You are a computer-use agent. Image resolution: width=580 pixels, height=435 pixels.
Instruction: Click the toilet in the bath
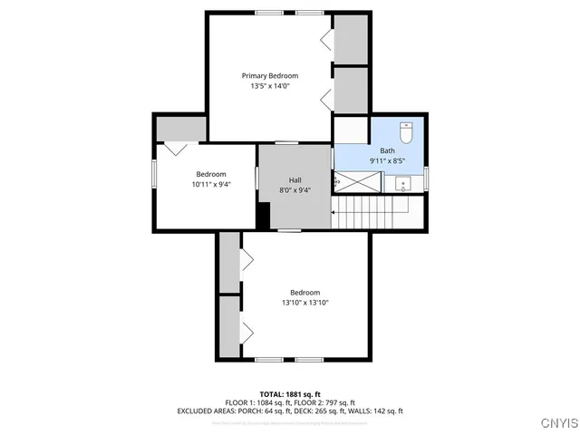pyautogui.click(x=407, y=132)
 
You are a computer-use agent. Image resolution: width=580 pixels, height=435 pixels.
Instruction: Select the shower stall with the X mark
pyautogui.click(x=357, y=181)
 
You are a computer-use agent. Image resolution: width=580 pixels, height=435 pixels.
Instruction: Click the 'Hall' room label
pyautogui.click(x=295, y=179)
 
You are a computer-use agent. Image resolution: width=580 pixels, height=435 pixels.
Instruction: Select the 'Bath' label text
pyautogui.click(x=387, y=150)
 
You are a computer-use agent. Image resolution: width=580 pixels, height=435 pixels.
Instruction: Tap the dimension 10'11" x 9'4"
pyautogui.click(x=211, y=185)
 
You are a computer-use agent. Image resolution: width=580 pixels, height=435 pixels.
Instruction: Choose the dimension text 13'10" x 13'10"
pyautogui.click(x=304, y=303)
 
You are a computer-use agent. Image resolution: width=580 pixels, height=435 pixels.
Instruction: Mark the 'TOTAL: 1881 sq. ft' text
pyautogui.click(x=290, y=393)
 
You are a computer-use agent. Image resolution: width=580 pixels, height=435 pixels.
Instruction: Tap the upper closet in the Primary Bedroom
pyautogui.click(x=351, y=40)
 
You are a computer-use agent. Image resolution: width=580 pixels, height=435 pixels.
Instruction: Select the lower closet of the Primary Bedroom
pyautogui.click(x=351, y=90)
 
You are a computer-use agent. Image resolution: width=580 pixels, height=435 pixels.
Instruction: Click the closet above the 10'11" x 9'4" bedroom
pyautogui.click(x=181, y=129)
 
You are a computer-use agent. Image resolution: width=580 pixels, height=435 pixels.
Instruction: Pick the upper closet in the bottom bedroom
pyautogui.click(x=229, y=262)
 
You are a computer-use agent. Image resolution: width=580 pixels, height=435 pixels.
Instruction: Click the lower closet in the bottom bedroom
pyautogui.click(x=229, y=325)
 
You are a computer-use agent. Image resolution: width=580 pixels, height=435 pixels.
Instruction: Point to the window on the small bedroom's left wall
pyautogui.click(x=153, y=172)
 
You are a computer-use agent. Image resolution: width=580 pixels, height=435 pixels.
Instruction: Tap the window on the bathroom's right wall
pyautogui.click(x=426, y=176)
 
